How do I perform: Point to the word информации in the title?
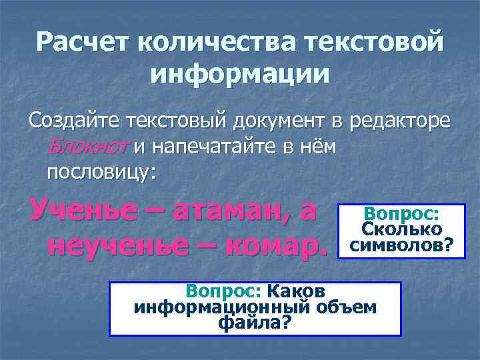pyautogui.click(x=240, y=73)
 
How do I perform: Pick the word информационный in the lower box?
pyautogui.click(x=211, y=308)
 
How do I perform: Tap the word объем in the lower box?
pyautogui.click(x=344, y=308)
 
